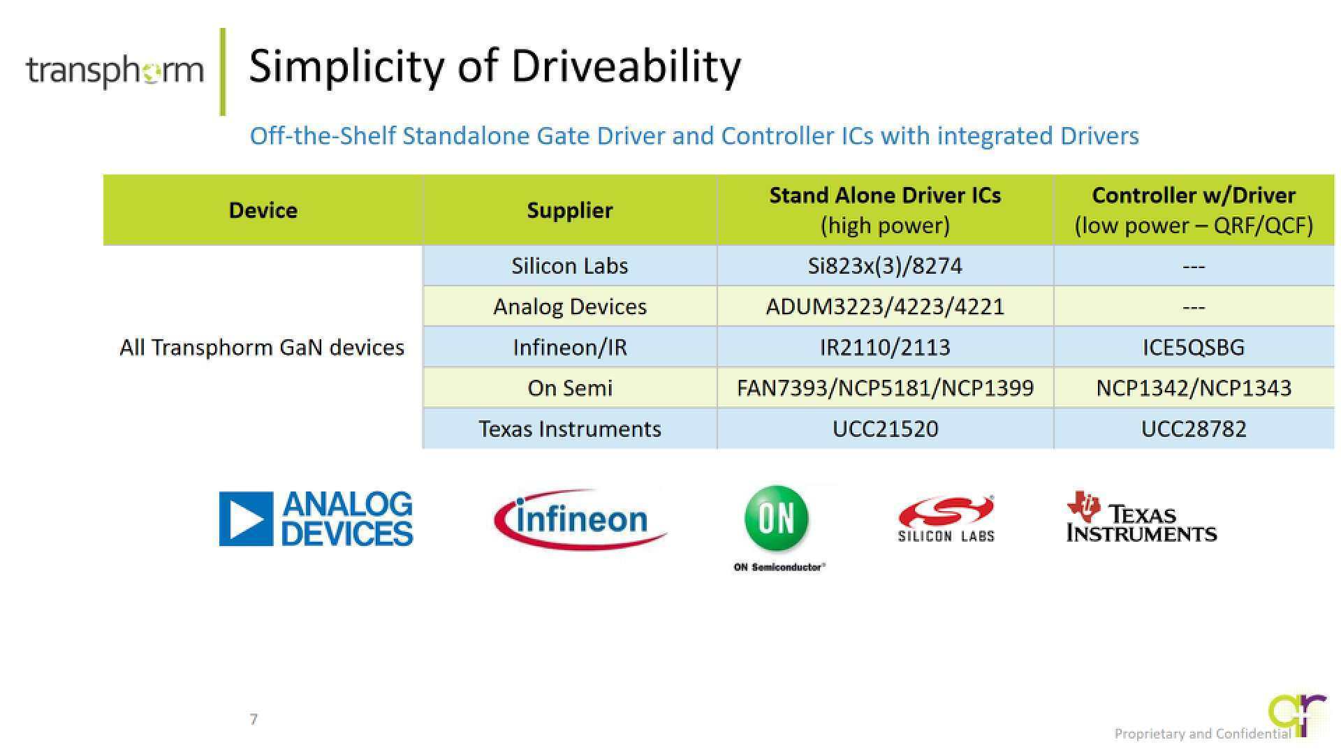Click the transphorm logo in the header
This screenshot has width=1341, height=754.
(x=115, y=71)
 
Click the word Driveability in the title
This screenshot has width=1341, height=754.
(x=626, y=68)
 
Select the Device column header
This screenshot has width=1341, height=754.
(x=263, y=210)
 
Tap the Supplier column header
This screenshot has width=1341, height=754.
(x=570, y=210)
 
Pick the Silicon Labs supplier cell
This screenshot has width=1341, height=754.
(x=570, y=266)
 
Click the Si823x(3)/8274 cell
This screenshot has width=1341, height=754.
(x=885, y=266)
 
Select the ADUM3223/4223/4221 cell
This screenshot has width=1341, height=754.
(x=885, y=306)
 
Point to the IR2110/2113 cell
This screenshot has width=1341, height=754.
(x=885, y=347)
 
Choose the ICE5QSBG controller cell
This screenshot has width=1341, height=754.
(x=1194, y=347)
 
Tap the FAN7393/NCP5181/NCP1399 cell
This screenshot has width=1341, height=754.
(x=885, y=387)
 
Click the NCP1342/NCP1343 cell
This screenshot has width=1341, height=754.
(x=1194, y=387)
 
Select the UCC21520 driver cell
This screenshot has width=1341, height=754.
(x=885, y=429)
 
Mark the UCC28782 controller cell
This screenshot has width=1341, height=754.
(x=1194, y=429)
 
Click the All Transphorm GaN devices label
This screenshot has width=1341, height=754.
(x=262, y=347)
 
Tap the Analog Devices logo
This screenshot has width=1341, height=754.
(x=316, y=519)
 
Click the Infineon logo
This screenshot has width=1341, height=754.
(x=580, y=519)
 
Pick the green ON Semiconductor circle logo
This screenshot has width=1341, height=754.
(x=777, y=518)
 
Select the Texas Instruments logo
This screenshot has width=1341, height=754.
(x=1141, y=517)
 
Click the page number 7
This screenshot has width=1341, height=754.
(x=254, y=719)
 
